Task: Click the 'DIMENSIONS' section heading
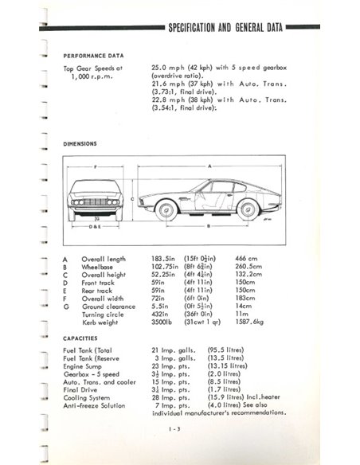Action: (x=80, y=144)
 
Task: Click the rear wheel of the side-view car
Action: (x=248, y=209)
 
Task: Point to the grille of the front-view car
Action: (x=96, y=202)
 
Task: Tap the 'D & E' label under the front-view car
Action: (x=96, y=227)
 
